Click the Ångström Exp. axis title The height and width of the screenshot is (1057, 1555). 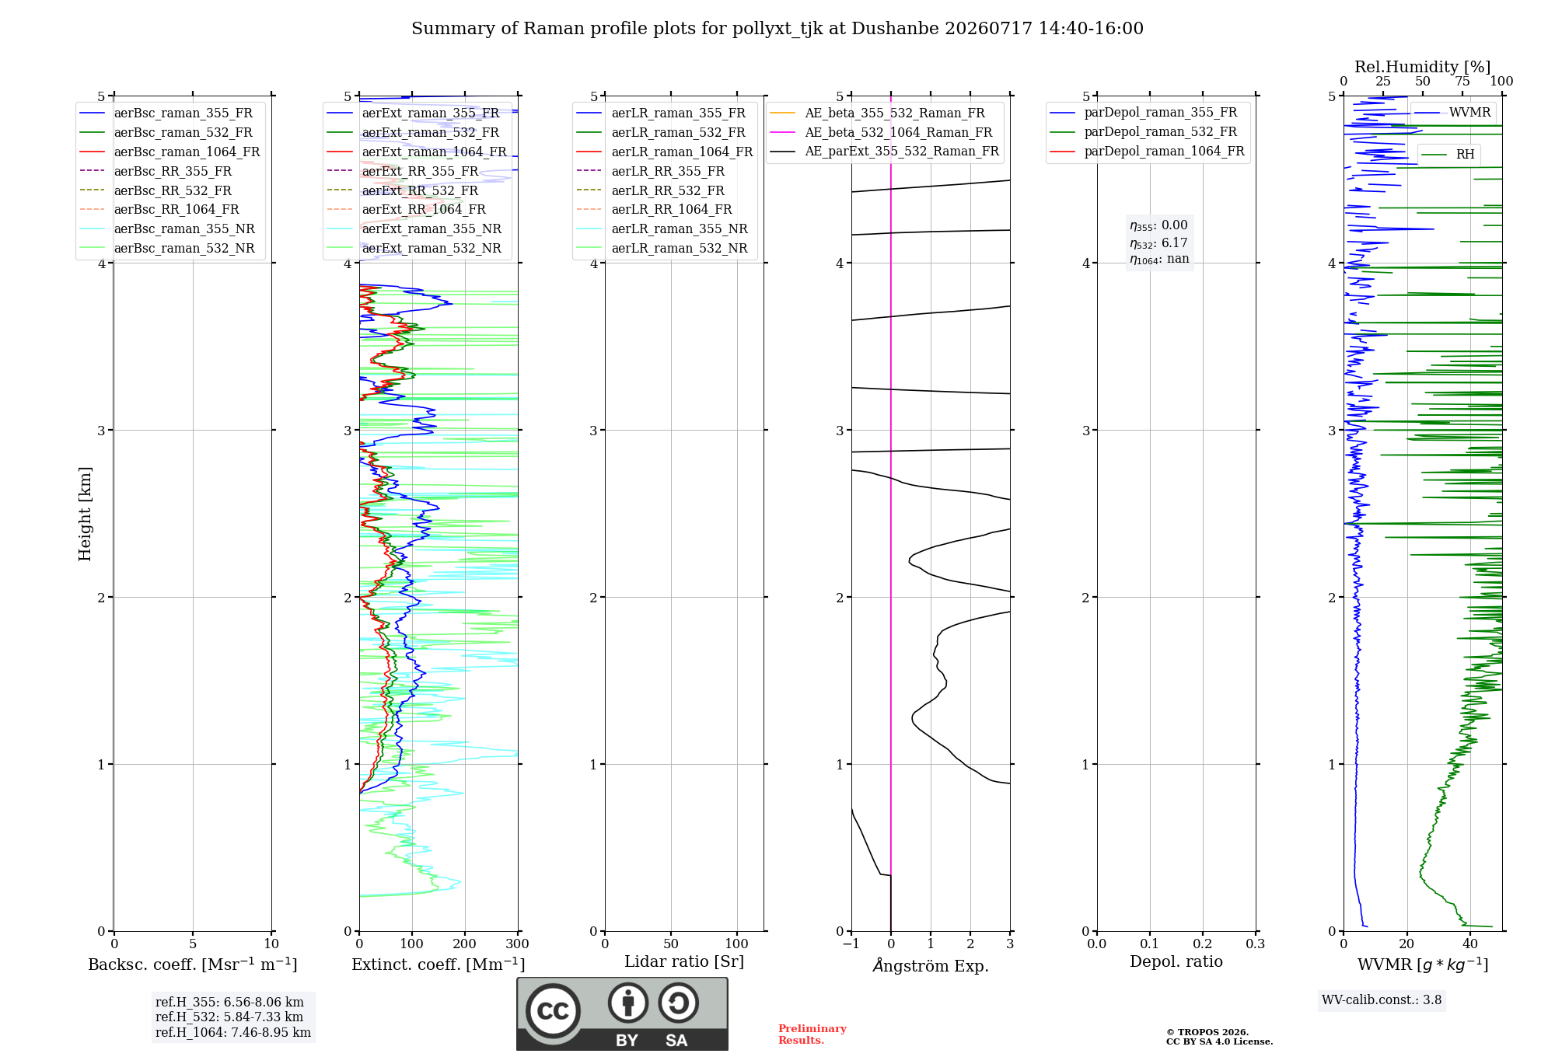click(931, 965)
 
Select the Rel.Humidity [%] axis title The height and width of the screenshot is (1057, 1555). click(1423, 67)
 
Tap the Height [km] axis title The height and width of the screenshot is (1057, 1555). click(85, 514)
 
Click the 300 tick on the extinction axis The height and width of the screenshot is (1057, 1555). click(517, 944)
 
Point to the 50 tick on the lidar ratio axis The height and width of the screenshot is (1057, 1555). click(671, 944)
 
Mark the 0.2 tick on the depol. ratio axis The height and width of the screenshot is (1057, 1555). click(1203, 944)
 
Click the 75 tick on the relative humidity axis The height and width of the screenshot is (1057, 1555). click(1462, 82)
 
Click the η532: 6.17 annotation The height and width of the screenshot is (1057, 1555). click(1158, 242)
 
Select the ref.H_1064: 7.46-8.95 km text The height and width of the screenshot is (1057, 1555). click(233, 1032)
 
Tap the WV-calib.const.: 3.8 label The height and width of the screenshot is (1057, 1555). click(1382, 999)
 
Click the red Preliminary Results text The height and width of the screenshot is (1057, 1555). click(812, 1034)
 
